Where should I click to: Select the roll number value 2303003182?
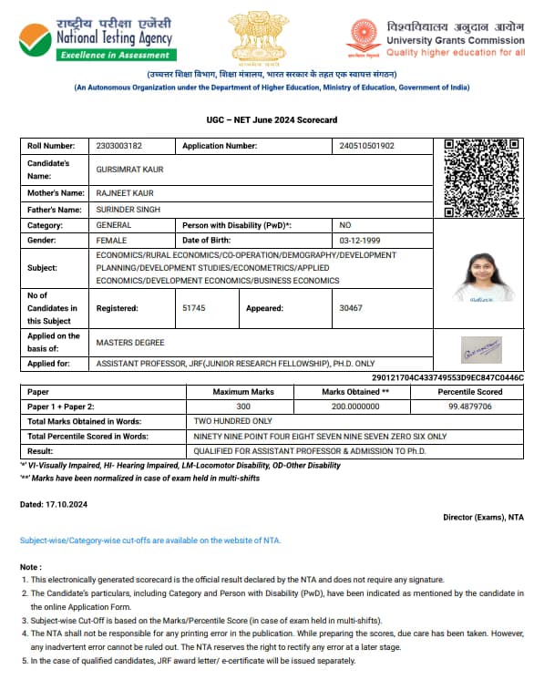(119, 146)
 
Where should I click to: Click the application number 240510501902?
(366, 146)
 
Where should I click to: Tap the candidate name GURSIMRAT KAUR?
(129, 170)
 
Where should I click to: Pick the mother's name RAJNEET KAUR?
(124, 193)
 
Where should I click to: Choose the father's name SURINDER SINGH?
(128, 210)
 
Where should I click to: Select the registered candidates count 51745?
(193, 308)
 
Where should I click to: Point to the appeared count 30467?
(350, 308)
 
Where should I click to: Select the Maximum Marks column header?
(242, 391)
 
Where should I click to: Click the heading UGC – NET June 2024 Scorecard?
(272, 120)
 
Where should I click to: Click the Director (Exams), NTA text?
(483, 518)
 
